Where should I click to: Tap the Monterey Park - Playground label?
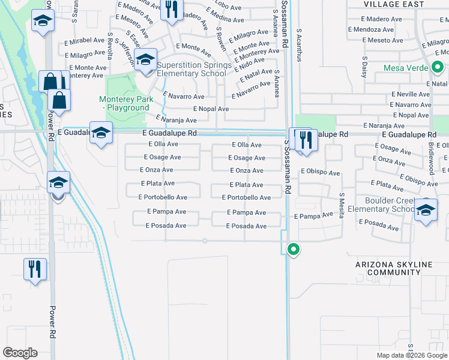pyautogui.click(x=124, y=103)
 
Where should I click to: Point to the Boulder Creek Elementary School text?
pyautogui.click(x=390, y=205)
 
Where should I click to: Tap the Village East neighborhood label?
pyautogui.click(x=393, y=4)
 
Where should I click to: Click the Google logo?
pyautogui.click(x=20, y=353)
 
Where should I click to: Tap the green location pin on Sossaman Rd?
pyautogui.click(x=294, y=248)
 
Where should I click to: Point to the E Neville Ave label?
pyautogui.click(x=411, y=95)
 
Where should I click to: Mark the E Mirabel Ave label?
pyautogui.click(x=85, y=40)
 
